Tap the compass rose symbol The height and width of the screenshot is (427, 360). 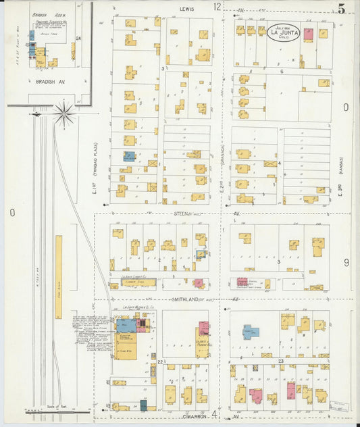(64, 114)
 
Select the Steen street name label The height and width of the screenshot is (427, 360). (180, 214)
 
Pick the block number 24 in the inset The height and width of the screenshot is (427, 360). (78, 39)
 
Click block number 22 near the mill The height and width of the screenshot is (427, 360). (160, 363)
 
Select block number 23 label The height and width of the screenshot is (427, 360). (280, 363)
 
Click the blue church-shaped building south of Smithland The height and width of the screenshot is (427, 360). (251, 332)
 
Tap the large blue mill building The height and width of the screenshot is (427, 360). (125, 326)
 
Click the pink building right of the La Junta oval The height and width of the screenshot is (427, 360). (308, 34)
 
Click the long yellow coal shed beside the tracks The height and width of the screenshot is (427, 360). (59, 276)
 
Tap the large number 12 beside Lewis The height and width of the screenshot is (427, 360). (217, 7)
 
